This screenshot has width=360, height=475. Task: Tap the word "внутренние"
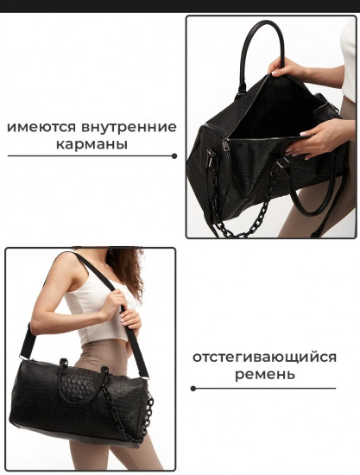click(x=130, y=127)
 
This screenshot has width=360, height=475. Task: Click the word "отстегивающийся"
click(x=264, y=357)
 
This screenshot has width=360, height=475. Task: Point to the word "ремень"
click(x=264, y=375)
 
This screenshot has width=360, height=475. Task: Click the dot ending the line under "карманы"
click(x=174, y=156)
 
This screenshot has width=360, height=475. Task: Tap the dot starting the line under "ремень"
click(x=193, y=388)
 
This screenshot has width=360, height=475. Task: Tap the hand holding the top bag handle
click(x=287, y=66)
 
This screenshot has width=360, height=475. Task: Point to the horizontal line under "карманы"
click(x=91, y=156)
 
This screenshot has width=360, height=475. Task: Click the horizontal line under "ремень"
click(x=264, y=388)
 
